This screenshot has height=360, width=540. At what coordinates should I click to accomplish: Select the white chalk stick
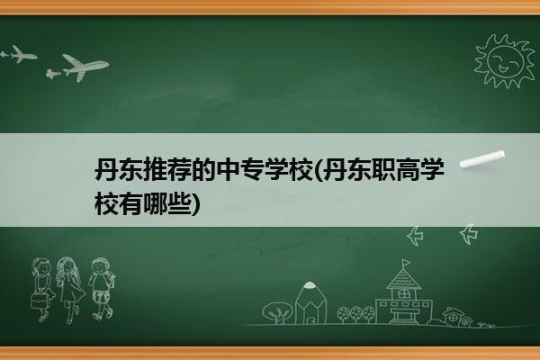point(482,159)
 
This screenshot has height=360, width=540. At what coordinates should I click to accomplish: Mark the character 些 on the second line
point(179,204)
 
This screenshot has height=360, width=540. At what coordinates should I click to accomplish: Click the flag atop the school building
point(407,263)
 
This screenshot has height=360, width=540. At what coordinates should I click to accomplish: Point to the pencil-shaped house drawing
point(311,303)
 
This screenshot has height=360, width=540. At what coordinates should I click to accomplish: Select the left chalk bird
point(415,236)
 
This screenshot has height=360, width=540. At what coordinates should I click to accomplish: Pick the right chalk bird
point(469,234)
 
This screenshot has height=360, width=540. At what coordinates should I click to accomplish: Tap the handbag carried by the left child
point(39,301)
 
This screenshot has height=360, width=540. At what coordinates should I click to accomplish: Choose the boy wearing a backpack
point(102,289)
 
